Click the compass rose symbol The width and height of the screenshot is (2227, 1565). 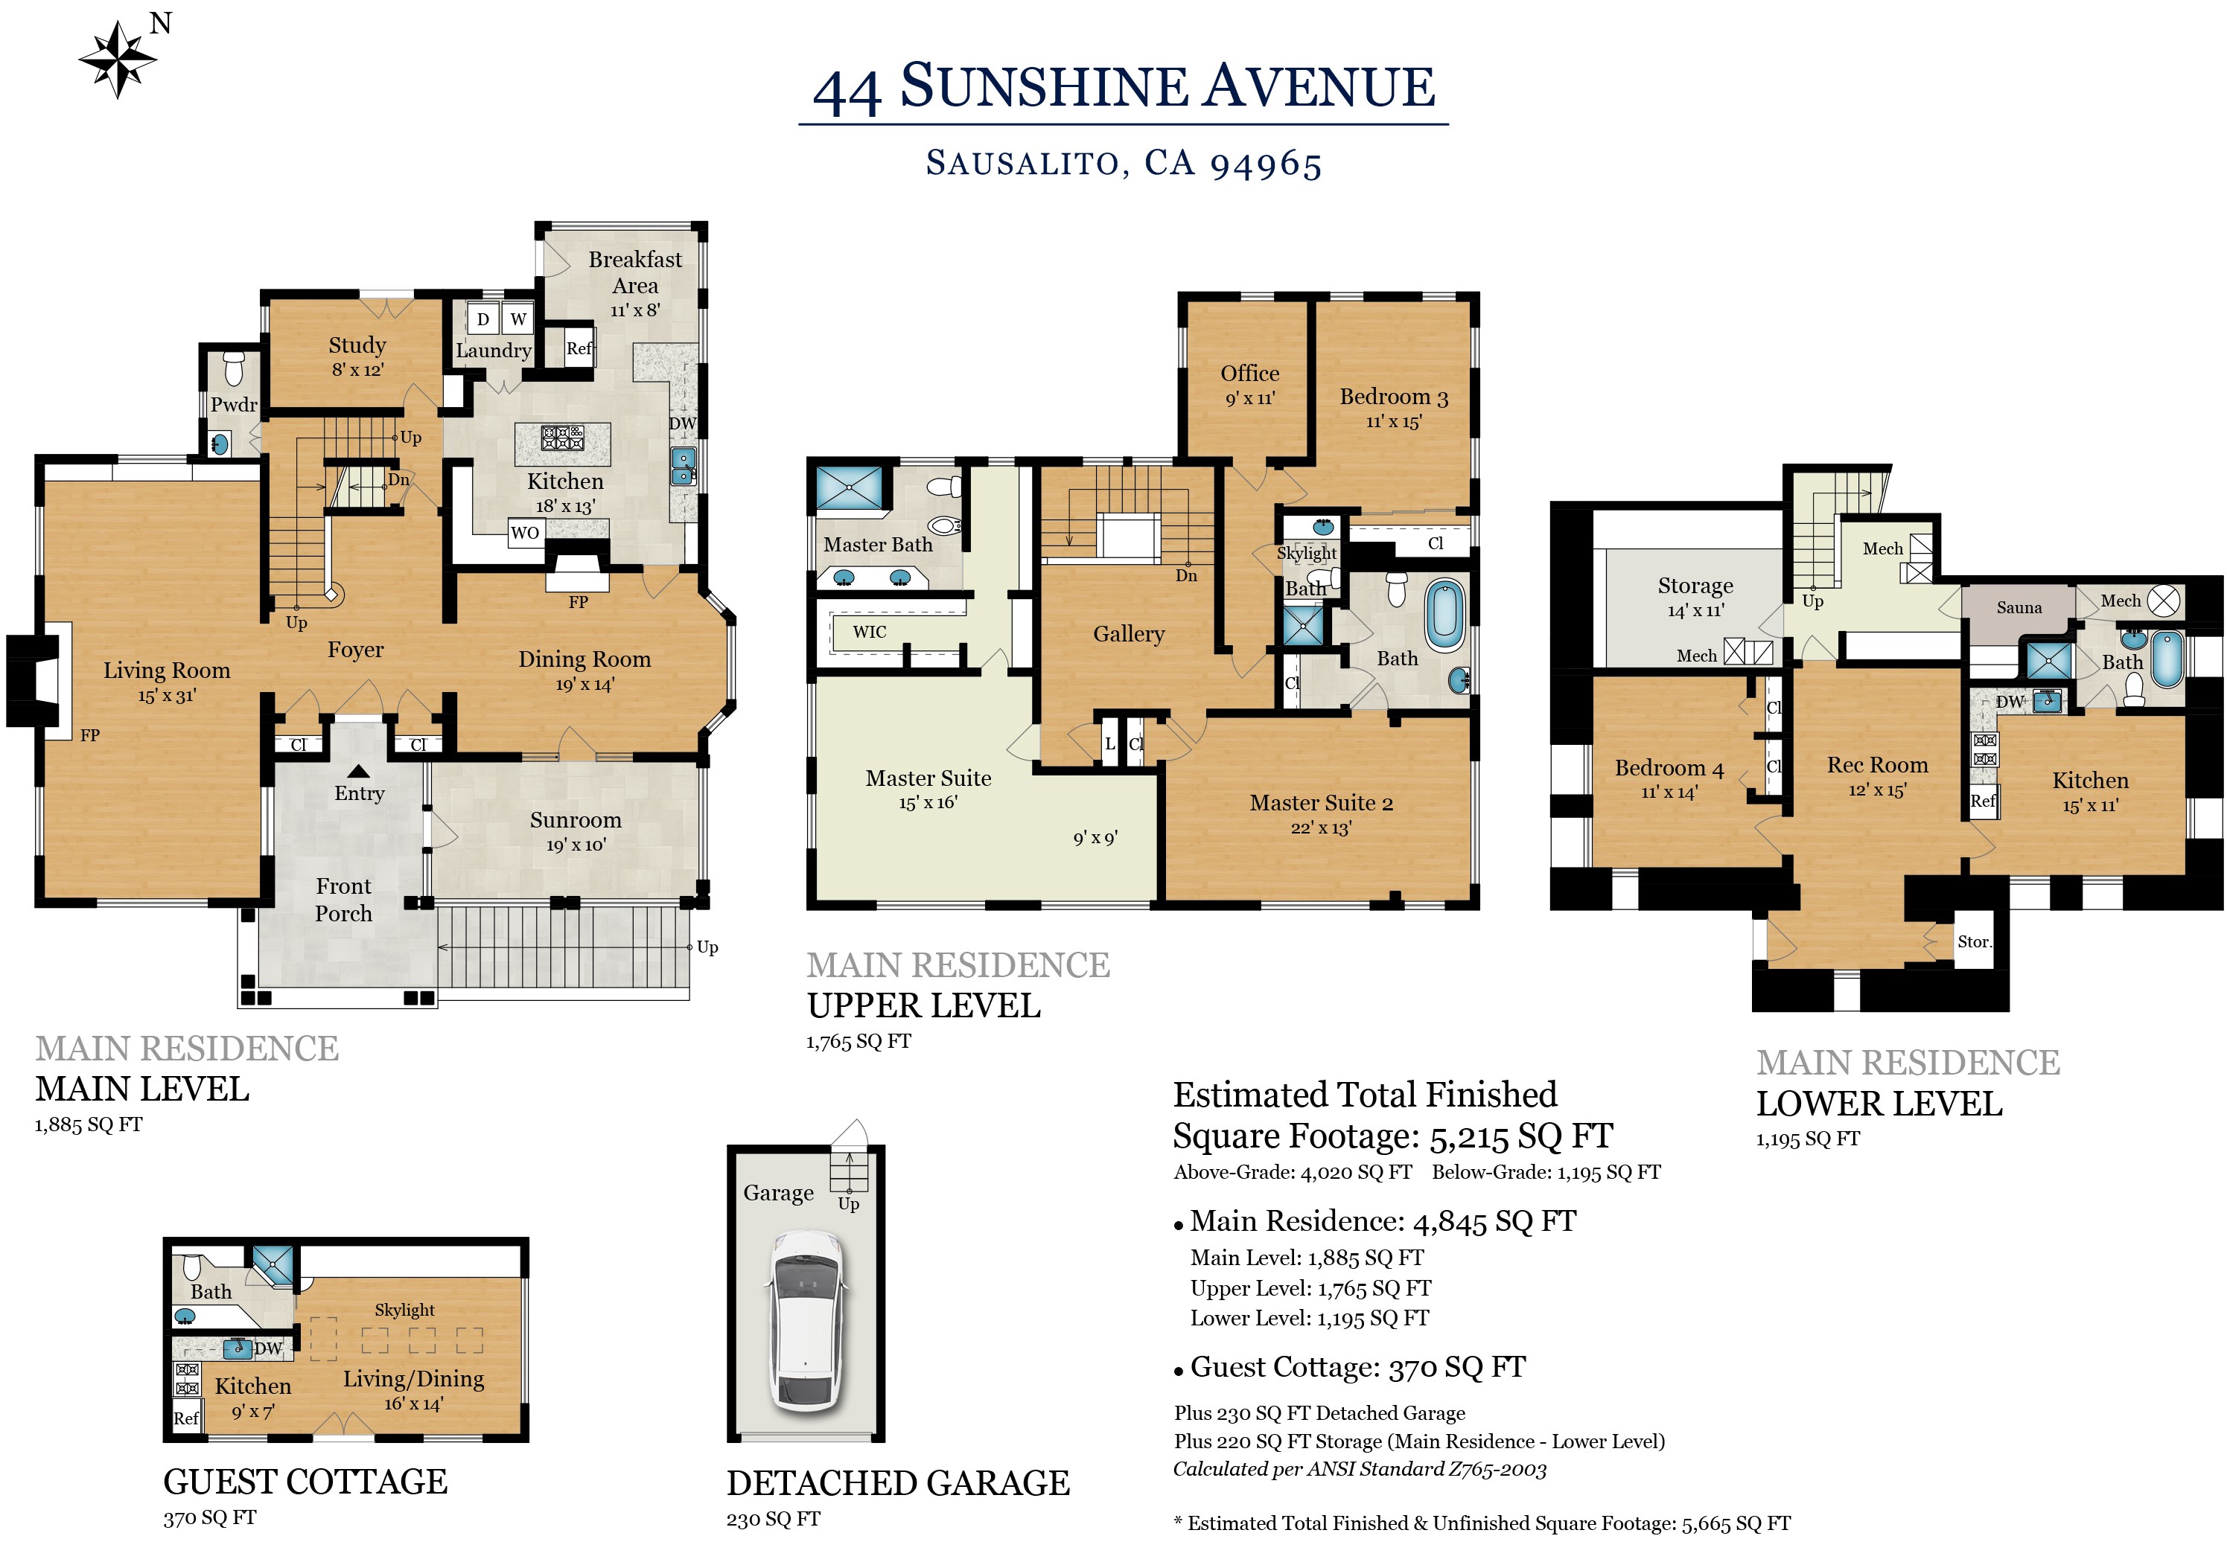(118, 59)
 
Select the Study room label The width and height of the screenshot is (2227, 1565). (357, 345)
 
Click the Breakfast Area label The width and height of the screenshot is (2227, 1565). (635, 272)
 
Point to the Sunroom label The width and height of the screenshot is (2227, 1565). (576, 820)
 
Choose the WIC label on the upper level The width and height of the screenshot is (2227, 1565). (869, 633)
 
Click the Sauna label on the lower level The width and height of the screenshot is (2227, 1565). (2019, 608)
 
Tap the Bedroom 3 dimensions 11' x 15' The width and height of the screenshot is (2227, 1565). (1393, 422)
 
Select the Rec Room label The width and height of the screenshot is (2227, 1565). (1877, 765)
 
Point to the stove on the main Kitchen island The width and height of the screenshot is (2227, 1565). (563, 438)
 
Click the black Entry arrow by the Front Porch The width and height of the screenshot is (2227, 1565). (359, 772)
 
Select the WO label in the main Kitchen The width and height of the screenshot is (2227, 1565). (525, 532)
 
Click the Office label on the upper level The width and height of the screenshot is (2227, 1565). (1249, 374)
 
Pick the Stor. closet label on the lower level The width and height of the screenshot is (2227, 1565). (1974, 941)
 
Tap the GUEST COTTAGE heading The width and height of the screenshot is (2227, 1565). (305, 1482)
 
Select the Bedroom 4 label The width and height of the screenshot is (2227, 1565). (1669, 769)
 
